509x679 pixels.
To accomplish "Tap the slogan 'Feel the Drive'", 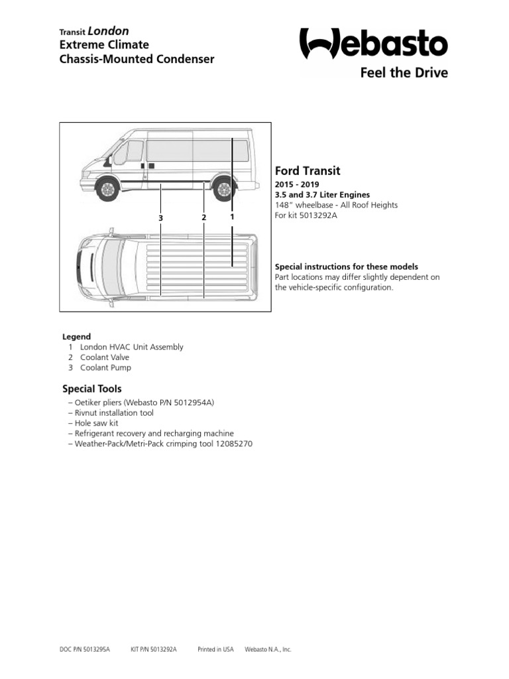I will (404, 72).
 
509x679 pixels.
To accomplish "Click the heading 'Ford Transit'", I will (308, 170).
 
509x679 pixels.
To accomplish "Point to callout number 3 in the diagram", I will (160, 217).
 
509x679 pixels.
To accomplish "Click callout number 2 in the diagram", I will (203, 217).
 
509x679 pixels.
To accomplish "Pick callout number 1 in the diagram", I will (232, 217).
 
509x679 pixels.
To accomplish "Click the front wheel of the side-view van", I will (107, 189).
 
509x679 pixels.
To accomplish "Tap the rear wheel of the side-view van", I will (225, 189).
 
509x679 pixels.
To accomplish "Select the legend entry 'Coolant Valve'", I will (105, 357).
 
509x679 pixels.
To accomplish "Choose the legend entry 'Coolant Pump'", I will (105, 367).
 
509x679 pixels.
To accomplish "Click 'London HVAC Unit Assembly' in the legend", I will (131, 347).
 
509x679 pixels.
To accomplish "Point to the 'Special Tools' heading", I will (92, 389).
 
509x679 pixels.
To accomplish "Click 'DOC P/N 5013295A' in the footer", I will (85, 650).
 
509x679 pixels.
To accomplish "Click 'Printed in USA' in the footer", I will (216, 650).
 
